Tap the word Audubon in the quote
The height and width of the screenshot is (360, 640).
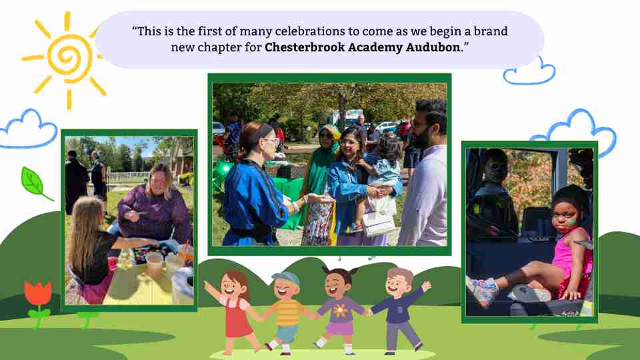[x=433, y=47]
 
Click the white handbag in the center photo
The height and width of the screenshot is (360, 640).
[x=378, y=224]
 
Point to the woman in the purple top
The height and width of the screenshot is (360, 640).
[x=156, y=204]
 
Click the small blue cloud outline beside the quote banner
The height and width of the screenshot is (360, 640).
[x=529, y=72]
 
